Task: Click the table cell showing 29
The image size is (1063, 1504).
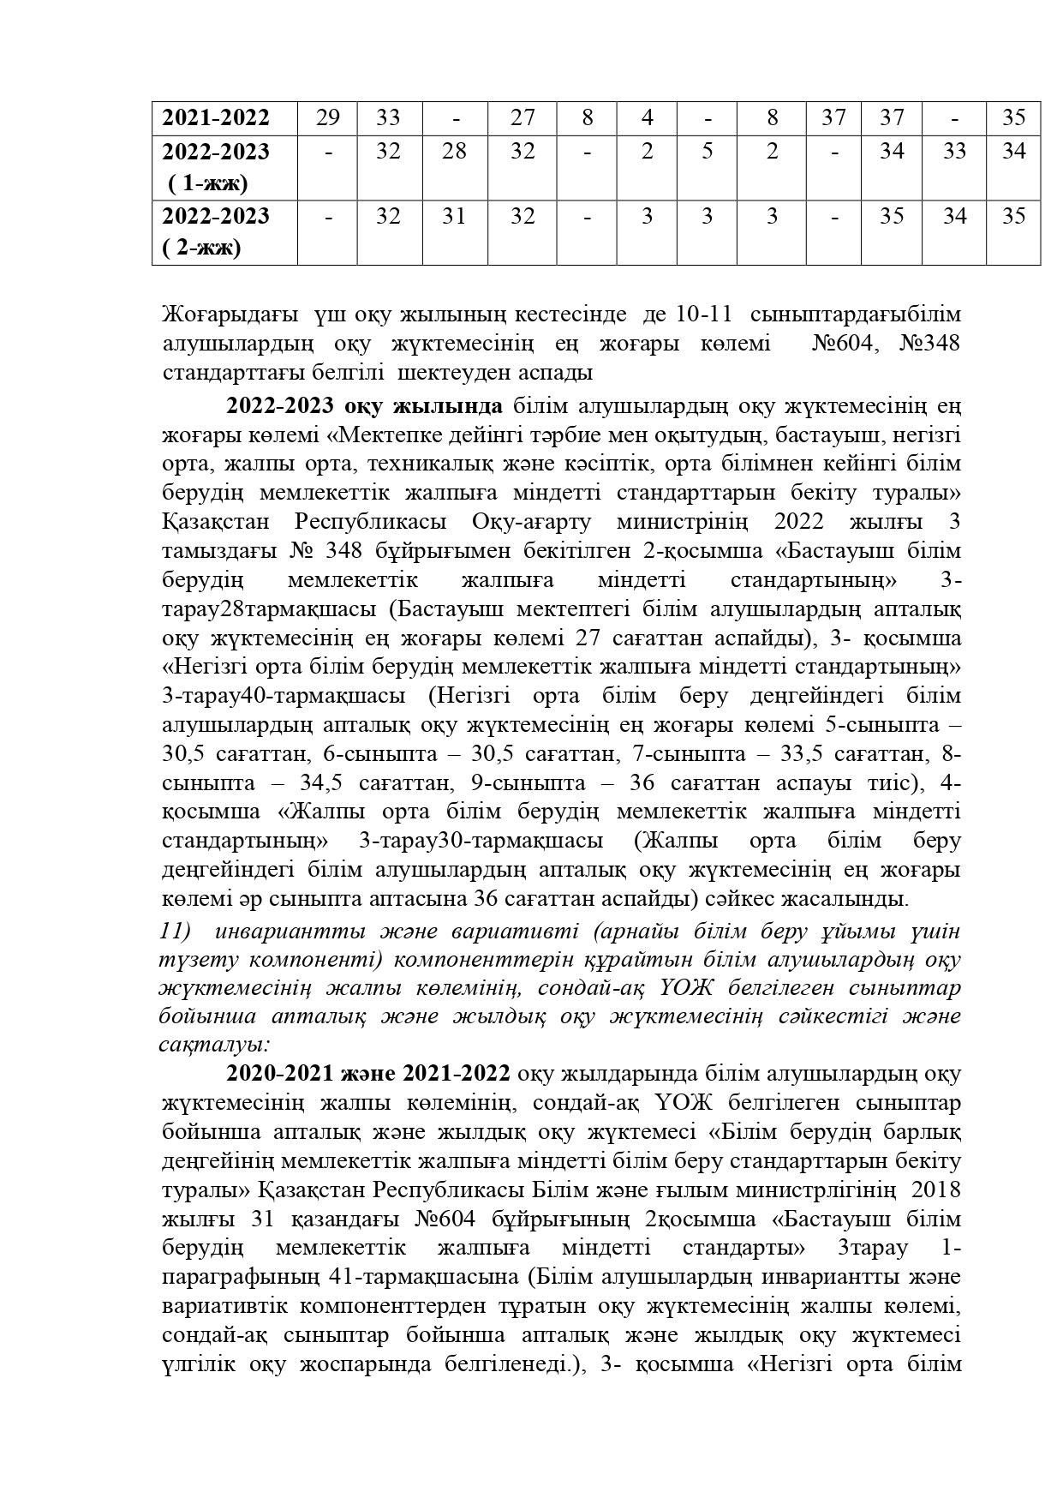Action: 327,117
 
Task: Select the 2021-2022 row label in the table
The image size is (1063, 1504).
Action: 216,117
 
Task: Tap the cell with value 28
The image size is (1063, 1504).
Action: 454,152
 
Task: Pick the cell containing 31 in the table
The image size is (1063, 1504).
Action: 454,216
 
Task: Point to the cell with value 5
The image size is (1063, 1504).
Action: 708,152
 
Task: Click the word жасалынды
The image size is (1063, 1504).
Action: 843,900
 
